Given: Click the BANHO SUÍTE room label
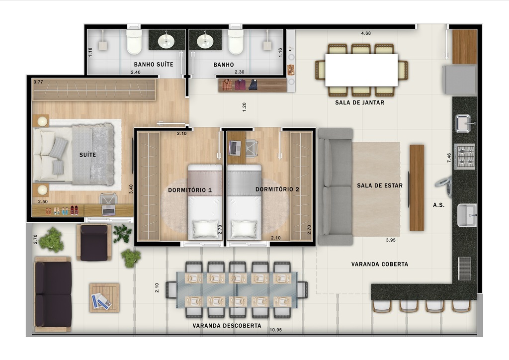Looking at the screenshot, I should (154, 65).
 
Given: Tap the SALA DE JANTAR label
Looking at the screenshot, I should (359, 103).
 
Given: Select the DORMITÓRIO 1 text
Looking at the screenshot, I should (190, 190).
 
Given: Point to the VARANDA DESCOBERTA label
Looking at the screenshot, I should (227, 326).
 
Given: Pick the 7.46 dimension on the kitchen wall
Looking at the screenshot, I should (449, 158).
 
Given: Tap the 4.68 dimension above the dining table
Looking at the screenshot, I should (366, 34).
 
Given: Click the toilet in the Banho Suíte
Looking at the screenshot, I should (134, 42).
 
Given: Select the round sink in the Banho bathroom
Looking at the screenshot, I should (205, 41).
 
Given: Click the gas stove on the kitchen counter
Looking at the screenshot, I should (465, 156).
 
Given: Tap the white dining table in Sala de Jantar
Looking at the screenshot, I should (361, 70).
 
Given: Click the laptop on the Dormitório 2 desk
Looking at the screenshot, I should (235, 147).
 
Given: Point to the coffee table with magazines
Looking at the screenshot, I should (104, 298).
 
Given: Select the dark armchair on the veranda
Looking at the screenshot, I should (94, 242).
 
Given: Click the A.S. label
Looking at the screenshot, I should (438, 205).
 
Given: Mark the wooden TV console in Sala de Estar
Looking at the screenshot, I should (417, 187).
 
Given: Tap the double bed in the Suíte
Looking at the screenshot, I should (75, 154).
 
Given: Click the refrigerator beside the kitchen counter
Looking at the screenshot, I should (461, 80).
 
